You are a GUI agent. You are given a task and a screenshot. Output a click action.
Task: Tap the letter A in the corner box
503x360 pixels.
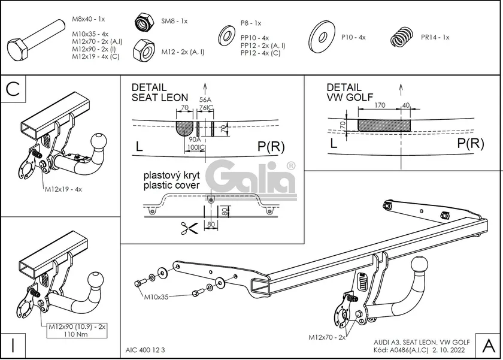point(487,345)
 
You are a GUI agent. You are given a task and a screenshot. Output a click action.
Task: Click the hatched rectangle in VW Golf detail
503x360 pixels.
point(384,125)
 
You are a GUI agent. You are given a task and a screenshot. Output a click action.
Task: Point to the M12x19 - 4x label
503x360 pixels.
point(63,189)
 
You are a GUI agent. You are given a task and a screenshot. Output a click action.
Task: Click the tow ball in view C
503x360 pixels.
point(98,143)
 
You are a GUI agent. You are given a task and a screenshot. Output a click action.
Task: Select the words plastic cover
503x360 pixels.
point(171,186)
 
